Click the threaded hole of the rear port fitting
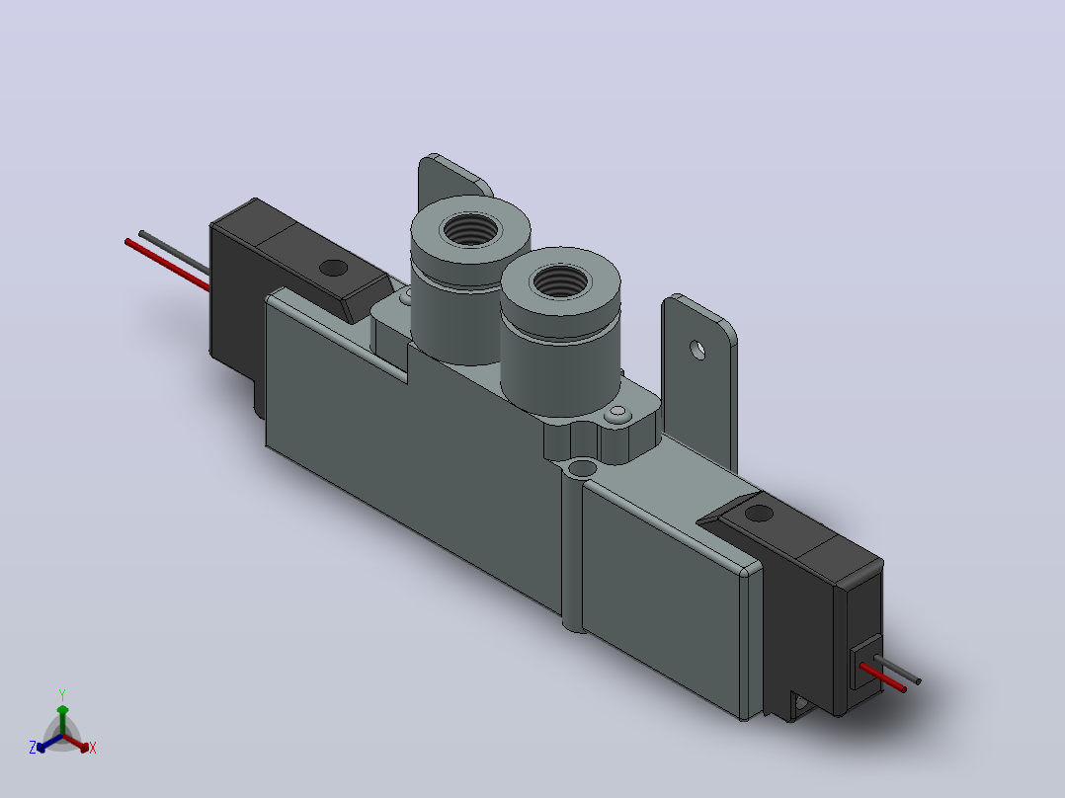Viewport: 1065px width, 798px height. tap(469, 229)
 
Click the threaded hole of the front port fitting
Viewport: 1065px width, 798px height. tap(559, 280)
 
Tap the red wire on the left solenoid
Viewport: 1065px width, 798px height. tap(167, 265)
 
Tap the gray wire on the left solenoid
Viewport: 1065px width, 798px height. tap(174, 252)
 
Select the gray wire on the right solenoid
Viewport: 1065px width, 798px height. tap(897, 670)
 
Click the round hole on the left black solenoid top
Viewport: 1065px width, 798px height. tap(333, 268)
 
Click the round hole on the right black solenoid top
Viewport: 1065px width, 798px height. tap(759, 514)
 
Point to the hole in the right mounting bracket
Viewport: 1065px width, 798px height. tap(697, 351)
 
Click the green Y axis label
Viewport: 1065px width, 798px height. tap(62, 694)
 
